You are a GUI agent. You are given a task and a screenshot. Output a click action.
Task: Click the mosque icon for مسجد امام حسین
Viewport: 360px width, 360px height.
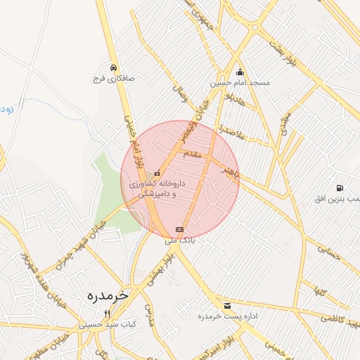[x=240, y=72]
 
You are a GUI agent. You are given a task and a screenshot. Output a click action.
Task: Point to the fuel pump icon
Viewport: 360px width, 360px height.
[x=340, y=188]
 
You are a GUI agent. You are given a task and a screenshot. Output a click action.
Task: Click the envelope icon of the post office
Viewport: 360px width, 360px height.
[x=227, y=306]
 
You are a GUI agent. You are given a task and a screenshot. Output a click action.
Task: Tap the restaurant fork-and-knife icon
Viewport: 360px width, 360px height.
[x=107, y=314]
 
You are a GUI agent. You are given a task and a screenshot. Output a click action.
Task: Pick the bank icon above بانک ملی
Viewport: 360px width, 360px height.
[x=179, y=229]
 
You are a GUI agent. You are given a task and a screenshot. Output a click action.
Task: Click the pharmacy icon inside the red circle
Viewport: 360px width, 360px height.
[x=157, y=173]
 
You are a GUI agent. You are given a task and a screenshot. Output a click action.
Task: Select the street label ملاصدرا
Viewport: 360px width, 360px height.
[x=231, y=130]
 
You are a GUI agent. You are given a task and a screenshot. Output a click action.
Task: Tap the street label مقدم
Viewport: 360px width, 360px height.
[x=192, y=153]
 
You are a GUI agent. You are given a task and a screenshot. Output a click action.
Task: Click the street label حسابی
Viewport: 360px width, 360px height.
[x=328, y=256]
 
